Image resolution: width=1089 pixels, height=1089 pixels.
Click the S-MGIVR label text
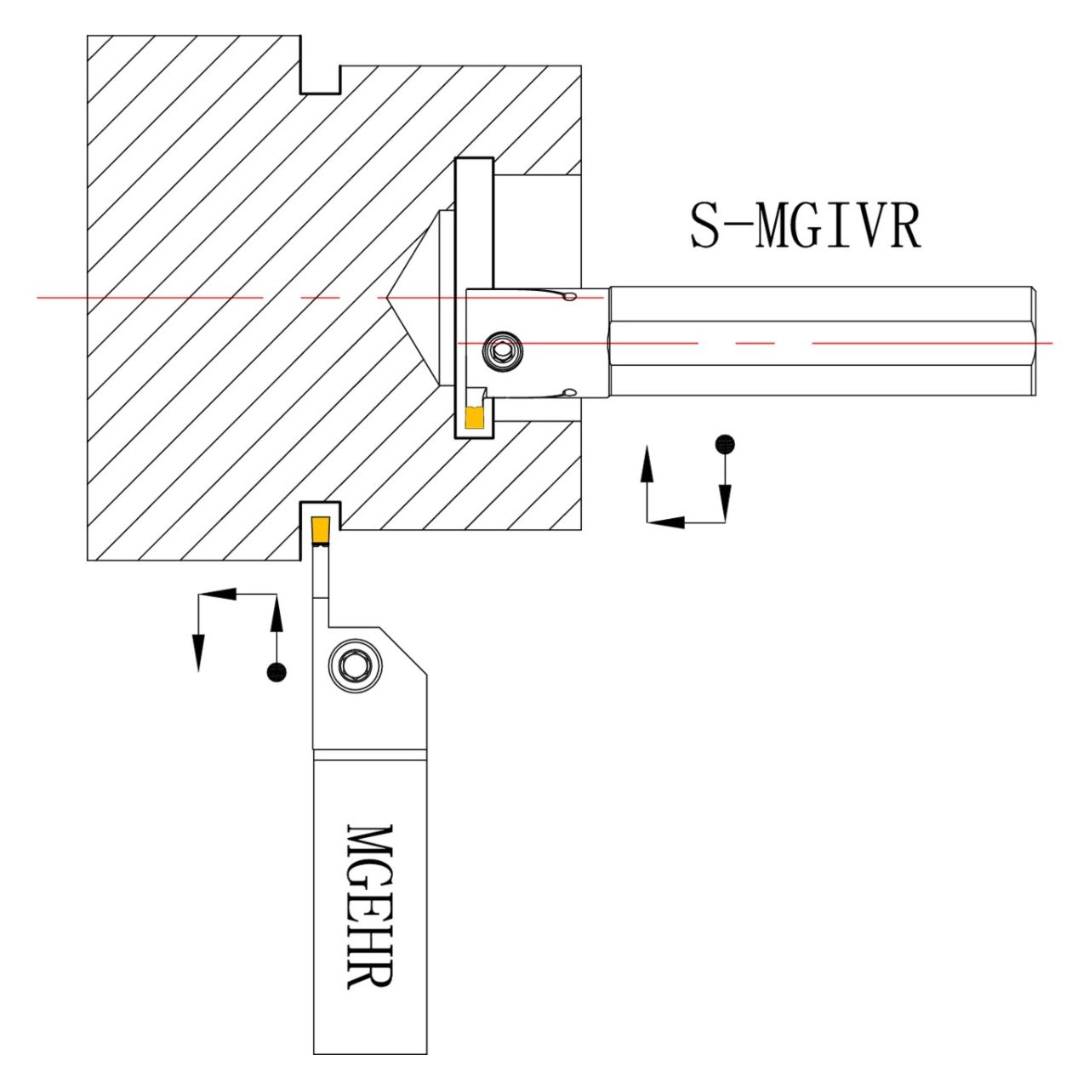point(804,226)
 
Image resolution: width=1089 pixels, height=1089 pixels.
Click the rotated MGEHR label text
point(370,905)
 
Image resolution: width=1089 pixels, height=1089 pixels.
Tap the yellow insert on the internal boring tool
point(474,418)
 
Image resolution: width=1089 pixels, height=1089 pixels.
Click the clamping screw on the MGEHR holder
point(353,664)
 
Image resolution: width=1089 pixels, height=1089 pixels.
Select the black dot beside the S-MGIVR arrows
point(724,443)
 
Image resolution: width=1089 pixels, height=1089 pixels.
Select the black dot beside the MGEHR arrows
point(277,672)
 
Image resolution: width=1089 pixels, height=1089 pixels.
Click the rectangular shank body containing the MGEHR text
point(369,905)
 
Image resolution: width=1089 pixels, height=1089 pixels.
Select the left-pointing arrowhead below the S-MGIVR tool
point(668,522)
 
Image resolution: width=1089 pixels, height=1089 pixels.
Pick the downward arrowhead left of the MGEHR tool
point(198,653)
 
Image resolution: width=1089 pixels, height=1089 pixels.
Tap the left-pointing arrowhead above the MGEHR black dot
point(220,594)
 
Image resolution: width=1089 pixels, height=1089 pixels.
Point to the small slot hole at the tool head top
point(569,297)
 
